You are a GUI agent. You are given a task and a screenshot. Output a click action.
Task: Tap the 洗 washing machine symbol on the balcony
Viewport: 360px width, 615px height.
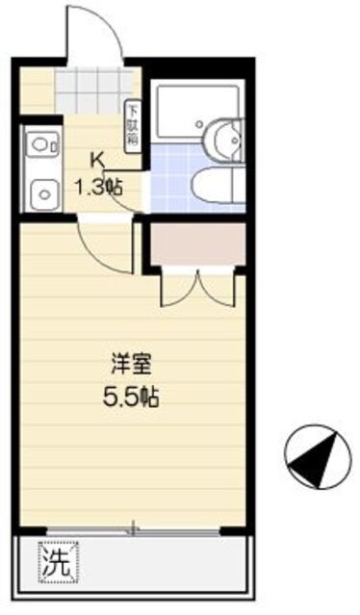57,563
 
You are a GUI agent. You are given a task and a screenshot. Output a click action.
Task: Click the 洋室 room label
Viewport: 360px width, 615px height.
132,366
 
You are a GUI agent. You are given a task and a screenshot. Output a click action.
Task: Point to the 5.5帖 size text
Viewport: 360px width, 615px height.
132,396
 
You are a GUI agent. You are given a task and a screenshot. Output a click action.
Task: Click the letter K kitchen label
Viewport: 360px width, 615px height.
96,161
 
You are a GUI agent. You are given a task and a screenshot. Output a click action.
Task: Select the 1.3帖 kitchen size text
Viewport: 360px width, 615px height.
99,188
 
